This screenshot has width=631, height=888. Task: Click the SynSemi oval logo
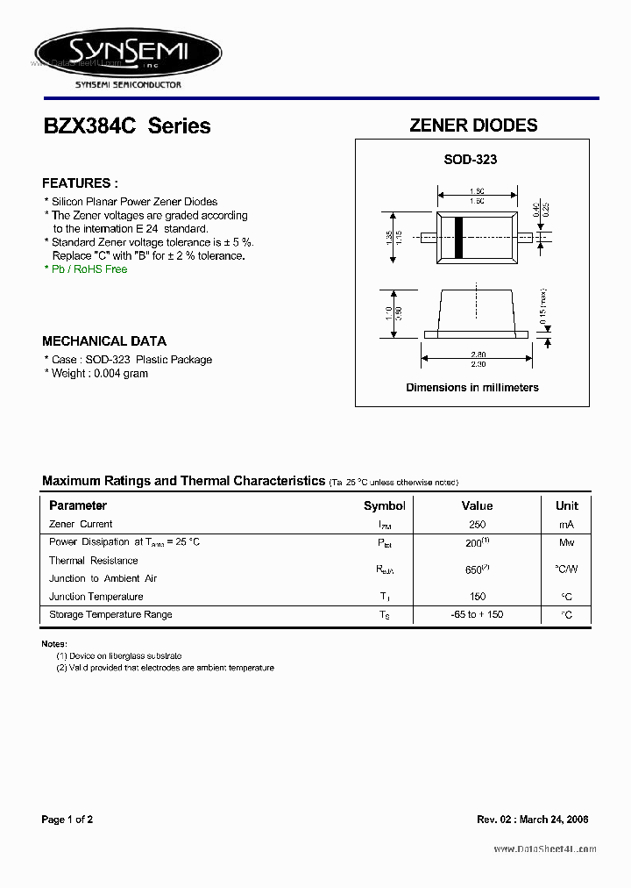pyautogui.click(x=128, y=54)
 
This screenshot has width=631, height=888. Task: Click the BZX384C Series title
pyautogui.click(x=127, y=126)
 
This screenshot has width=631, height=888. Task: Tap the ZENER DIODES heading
pyautogui.click(x=473, y=125)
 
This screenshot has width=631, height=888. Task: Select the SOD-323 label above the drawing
pyautogui.click(x=470, y=160)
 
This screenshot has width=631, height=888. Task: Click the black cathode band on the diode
pyautogui.click(x=457, y=237)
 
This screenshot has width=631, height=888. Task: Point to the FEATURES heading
pyautogui.click(x=80, y=183)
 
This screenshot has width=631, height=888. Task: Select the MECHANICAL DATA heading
pyautogui.click(x=104, y=341)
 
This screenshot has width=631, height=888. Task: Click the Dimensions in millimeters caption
pyautogui.click(x=472, y=387)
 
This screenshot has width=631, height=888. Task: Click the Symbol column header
pyautogui.click(x=385, y=506)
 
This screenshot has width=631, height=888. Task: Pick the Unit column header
pyautogui.click(x=567, y=506)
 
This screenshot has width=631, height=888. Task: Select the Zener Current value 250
pyautogui.click(x=477, y=525)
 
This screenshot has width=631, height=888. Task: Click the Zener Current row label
pyautogui.click(x=81, y=525)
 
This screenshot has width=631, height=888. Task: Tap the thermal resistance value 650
pyautogui.click(x=475, y=569)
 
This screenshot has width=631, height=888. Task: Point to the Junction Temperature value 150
pyautogui.click(x=477, y=597)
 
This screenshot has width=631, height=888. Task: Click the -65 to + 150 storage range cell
pyautogui.click(x=477, y=615)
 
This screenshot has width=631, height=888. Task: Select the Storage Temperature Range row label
pyautogui.click(x=110, y=615)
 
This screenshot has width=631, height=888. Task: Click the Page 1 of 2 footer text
pyautogui.click(x=67, y=820)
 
